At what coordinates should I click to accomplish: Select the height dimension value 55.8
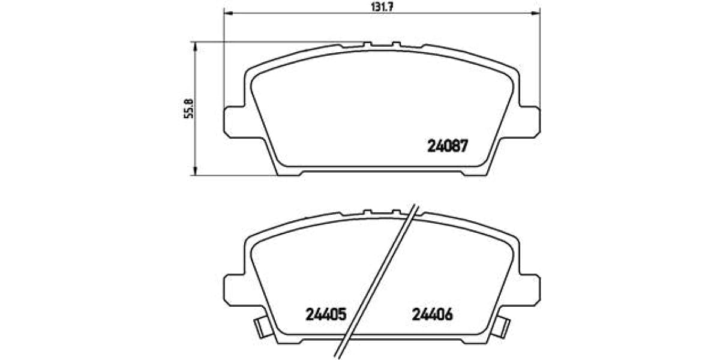187,109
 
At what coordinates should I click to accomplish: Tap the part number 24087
447,145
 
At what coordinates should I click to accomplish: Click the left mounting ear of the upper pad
234,121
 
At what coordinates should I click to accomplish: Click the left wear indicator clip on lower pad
261,327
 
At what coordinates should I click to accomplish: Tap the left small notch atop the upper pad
368,43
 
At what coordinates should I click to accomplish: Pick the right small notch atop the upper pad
396,43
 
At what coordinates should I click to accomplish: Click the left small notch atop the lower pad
368,211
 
